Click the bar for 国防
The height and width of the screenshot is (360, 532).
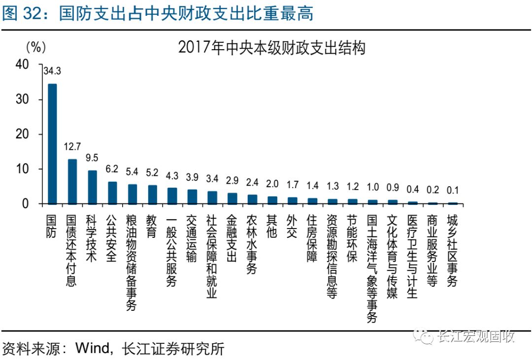(52, 144)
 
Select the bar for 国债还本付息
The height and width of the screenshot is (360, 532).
(72, 181)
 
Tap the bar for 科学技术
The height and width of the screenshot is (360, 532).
(92, 187)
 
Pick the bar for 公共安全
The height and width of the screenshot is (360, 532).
(112, 193)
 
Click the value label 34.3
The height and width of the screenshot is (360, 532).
(52, 71)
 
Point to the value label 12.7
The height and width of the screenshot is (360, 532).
(72, 147)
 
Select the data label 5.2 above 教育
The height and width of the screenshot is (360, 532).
(152, 172)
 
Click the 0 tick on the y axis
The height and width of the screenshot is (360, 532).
(26, 204)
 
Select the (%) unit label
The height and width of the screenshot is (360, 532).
(35, 47)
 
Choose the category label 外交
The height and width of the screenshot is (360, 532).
(292, 226)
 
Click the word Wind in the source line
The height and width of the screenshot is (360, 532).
(92, 349)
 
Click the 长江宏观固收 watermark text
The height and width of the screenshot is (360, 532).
(475, 337)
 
